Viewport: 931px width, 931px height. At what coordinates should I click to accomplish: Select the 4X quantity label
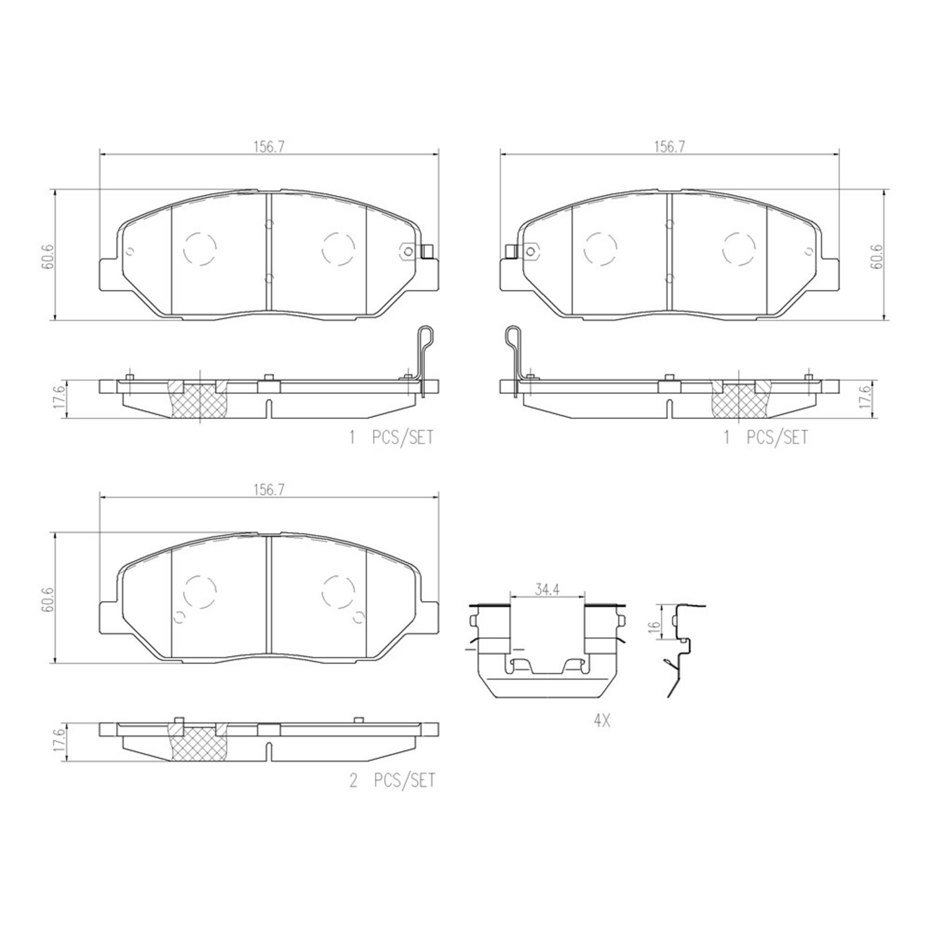coord(602,722)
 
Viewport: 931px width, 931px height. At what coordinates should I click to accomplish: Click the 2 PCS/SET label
coord(392,780)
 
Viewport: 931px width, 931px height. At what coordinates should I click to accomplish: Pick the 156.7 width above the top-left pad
coord(268,147)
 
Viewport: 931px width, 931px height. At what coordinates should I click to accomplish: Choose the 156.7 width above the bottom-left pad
coord(268,489)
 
